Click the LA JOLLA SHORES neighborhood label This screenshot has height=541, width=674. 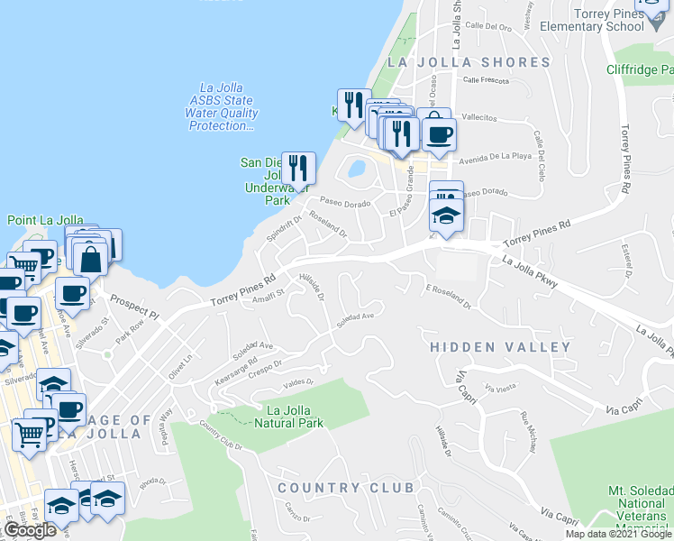(468, 62)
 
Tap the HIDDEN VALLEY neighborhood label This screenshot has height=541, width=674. (500, 347)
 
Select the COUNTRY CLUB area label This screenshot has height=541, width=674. (345, 488)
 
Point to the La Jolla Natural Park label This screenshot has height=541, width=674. (288, 417)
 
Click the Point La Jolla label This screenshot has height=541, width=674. (45, 220)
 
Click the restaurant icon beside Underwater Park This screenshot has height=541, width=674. (298, 169)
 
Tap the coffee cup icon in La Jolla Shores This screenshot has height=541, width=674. (439, 135)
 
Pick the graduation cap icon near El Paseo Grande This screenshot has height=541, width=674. (445, 216)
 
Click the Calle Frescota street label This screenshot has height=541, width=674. (487, 80)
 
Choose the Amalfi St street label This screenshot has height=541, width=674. (268, 294)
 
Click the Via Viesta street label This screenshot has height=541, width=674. (500, 388)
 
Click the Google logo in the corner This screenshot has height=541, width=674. (30, 530)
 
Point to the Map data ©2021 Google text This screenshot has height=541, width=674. (617, 534)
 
